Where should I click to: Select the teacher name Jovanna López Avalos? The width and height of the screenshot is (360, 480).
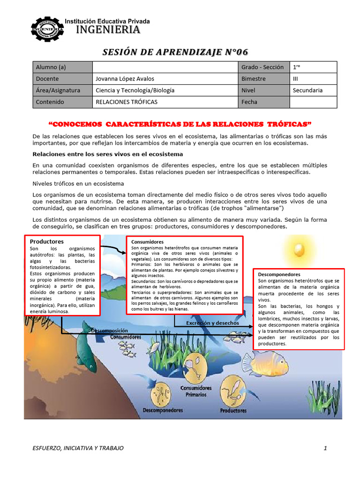pos(125,79)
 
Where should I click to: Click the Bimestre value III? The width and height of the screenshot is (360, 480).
pos(296,79)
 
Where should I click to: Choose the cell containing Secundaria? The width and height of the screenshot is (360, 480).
pos(307,90)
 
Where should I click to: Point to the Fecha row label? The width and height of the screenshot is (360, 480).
pos(249,102)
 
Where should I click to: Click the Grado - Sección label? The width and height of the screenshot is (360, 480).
pos(262,67)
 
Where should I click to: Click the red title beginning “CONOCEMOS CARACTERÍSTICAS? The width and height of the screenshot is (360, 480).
pos(180,124)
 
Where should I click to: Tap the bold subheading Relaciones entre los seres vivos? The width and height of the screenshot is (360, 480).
pos(107,154)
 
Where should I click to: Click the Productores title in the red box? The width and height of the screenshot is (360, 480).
pos(47,241)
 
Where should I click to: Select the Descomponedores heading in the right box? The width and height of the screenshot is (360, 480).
pos(279,274)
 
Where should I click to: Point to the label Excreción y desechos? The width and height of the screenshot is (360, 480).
pos(212,323)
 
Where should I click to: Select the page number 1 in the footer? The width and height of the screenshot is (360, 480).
pos(325,448)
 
